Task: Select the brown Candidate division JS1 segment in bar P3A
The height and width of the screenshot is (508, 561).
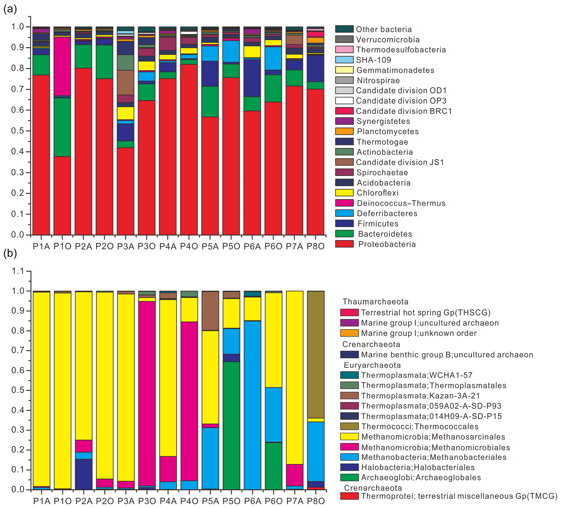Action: tap(125, 82)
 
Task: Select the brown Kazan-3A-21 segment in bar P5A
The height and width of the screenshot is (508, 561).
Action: tap(210, 311)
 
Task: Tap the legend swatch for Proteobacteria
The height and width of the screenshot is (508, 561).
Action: tap(344, 244)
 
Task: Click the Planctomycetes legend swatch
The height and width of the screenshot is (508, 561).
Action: tap(344, 131)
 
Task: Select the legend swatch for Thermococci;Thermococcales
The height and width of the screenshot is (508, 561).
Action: tap(349, 427)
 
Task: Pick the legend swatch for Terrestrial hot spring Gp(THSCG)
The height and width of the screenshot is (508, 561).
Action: tap(349, 312)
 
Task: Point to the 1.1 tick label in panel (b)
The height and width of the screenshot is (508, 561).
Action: tap(18, 271)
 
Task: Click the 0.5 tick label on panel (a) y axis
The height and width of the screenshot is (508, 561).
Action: tap(17, 131)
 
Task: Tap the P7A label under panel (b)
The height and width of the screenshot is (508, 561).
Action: tap(295, 501)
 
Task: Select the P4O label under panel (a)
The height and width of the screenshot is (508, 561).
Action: tap(189, 246)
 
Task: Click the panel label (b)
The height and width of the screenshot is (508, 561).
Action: tap(10, 253)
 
